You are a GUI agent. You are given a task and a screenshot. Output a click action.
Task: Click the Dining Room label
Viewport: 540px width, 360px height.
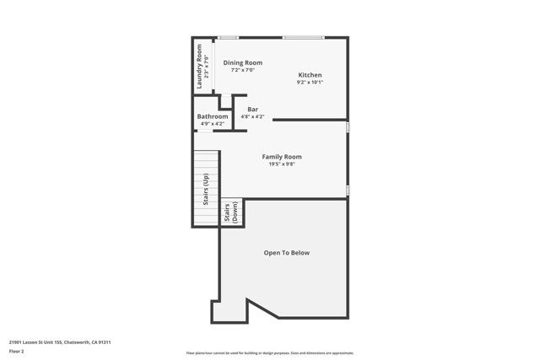click(x=242, y=62)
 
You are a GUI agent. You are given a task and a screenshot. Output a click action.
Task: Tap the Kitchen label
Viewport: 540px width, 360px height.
click(x=310, y=75)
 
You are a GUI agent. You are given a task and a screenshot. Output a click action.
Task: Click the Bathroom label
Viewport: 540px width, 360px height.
click(x=212, y=116)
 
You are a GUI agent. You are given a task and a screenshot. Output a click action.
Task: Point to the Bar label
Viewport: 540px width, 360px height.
click(x=252, y=110)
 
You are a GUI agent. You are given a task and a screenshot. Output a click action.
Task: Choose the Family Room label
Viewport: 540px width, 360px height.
click(x=282, y=157)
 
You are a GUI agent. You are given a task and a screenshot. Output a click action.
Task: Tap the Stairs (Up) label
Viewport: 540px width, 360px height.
click(x=205, y=190)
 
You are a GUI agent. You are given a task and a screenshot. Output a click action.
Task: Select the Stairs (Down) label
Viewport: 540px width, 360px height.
click(x=229, y=212)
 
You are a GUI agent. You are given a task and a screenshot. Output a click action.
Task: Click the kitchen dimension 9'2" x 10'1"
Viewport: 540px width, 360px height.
click(x=310, y=83)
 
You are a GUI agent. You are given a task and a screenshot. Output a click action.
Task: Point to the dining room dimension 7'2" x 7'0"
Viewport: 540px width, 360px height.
click(x=242, y=70)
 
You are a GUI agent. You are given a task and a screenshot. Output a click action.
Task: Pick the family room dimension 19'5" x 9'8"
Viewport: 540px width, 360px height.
click(x=282, y=164)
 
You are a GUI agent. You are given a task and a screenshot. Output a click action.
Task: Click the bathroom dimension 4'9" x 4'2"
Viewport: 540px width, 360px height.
click(x=212, y=124)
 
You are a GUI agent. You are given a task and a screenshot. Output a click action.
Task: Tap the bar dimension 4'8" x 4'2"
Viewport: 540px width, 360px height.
click(x=252, y=117)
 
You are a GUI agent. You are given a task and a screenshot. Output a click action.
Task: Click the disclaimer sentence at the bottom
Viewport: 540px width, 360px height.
click(x=269, y=353)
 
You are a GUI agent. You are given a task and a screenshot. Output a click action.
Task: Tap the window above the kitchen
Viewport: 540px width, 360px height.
click(x=301, y=37)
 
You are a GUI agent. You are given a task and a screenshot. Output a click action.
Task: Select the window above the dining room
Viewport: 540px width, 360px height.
click(x=228, y=37)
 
